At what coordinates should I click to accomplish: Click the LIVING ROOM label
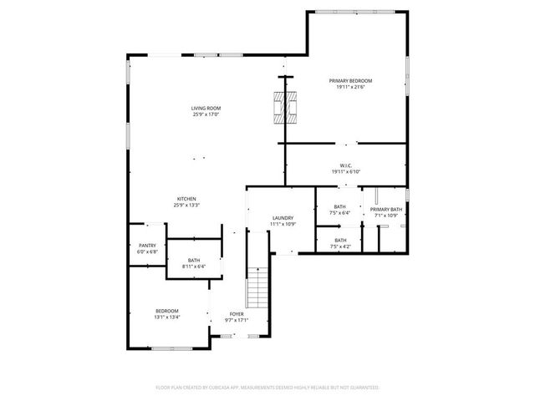point(206,108)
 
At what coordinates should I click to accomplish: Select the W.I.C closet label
point(345,165)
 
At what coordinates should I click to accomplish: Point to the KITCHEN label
point(186,199)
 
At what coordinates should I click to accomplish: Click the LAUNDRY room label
point(283,218)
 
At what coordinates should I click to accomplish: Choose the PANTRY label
point(147,246)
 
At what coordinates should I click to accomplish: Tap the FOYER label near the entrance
point(237,314)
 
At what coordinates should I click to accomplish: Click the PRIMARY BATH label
point(385,209)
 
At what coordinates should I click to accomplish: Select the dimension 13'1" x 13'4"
point(167,317)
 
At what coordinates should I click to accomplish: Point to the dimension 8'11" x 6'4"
point(193,266)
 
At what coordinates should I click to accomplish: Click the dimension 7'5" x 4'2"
point(340,246)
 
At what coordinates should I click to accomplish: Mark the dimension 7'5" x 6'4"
point(340,213)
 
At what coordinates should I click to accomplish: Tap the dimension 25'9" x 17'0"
point(206,114)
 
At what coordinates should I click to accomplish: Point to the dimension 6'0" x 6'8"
point(147,251)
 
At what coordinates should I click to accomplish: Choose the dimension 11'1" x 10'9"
point(283,225)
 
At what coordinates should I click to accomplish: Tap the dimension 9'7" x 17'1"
point(237,320)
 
